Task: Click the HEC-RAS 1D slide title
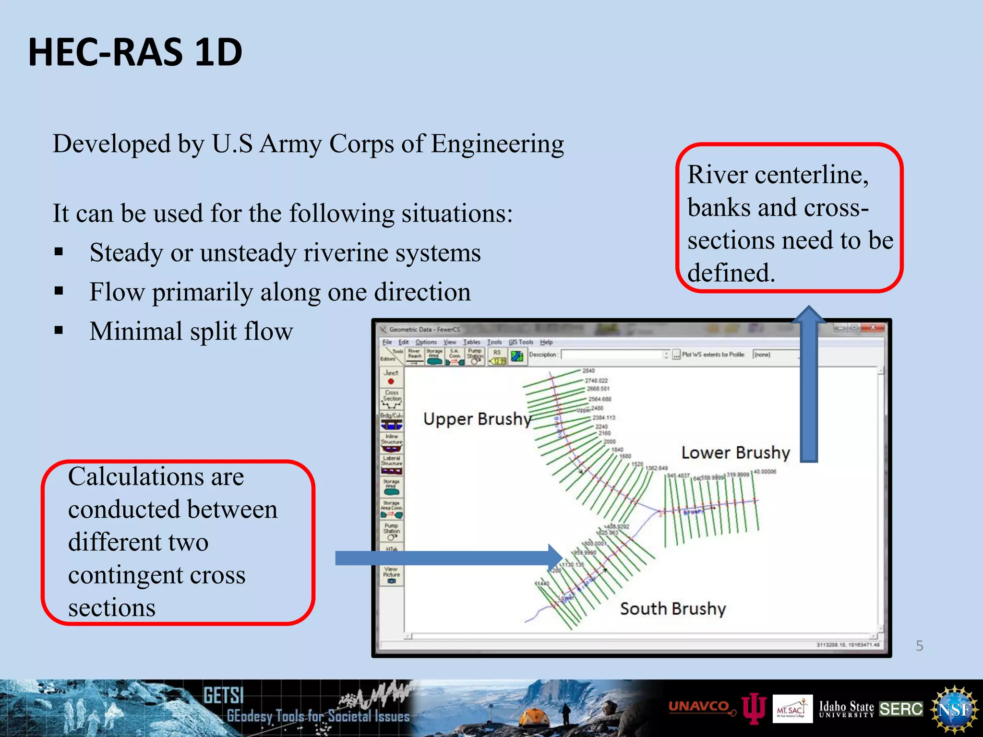(x=135, y=52)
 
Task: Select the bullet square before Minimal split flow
(x=59, y=330)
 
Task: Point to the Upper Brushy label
(x=477, y=419)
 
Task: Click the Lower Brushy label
(x=735, y=452)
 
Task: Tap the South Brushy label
(x=672, y=608)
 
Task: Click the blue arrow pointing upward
(x=809, y=384)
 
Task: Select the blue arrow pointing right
(x=446, y=558)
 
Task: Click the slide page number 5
(x=919, y=646)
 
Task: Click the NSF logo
(x=954, y=709)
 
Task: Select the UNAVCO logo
(x=699, y=706)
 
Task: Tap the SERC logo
(x=901, y=709)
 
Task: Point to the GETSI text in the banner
(x=223, y=695)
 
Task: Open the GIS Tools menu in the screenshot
(x=521, y=342)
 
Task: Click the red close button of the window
(x=873, y=328)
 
